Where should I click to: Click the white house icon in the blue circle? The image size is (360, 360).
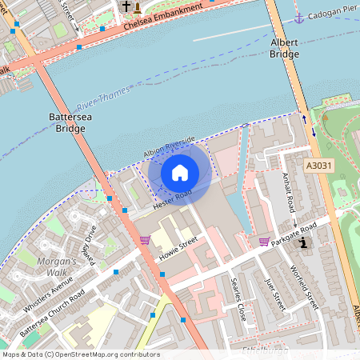pyautogui.click(x=179, y=172)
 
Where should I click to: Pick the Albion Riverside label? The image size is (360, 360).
pyautogui.click(x=169, y=143)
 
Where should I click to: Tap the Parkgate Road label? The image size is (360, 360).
pyautogui.click(x=294, y=231)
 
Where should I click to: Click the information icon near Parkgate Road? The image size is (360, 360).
pyautogui.click(x=302, y=242)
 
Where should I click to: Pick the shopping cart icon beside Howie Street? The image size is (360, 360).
pyautogui.click(x=145, y=239)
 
